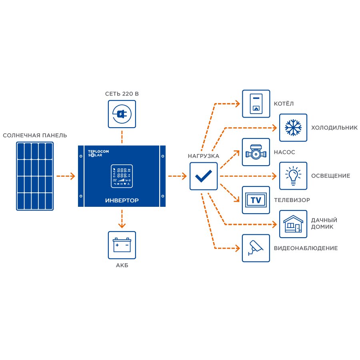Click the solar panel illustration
pos(35,176)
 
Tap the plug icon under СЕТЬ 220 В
pos(122,114)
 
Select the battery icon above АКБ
pos(122,245)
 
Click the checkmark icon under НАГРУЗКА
pos(204,176)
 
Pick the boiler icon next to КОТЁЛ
pos(256,104)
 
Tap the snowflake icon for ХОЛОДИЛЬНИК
pos(293,128)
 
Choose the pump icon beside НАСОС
pos(256,152)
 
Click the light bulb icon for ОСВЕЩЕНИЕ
pos(293,176)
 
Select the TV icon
pos(256,200)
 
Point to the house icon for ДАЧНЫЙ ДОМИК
pos(293,224)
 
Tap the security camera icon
pos(256,248)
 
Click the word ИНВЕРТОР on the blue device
pos(122,200)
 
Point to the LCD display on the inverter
pos(122,176)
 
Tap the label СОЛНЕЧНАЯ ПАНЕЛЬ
pos(35,135)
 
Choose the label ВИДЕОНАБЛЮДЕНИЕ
pos(306,248)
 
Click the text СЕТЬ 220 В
pos(122,94)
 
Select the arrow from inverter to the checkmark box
pos(178,176)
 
